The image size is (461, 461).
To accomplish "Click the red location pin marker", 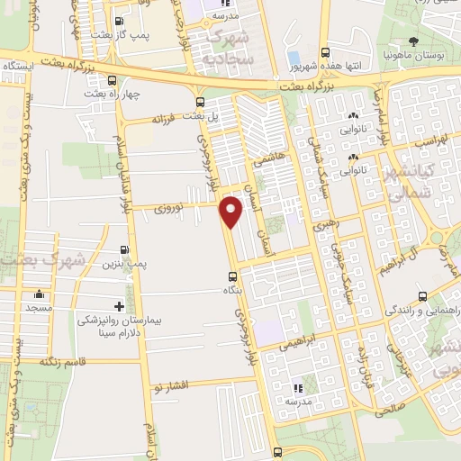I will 231,212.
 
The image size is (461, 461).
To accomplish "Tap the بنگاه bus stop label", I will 233,292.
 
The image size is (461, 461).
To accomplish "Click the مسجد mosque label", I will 39,307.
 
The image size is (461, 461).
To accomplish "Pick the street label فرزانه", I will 167,118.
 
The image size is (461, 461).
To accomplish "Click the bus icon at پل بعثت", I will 199,101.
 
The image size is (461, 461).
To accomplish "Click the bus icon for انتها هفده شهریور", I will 325,51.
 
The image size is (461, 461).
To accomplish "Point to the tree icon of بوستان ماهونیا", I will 413,41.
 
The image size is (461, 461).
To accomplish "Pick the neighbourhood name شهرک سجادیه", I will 231,47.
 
